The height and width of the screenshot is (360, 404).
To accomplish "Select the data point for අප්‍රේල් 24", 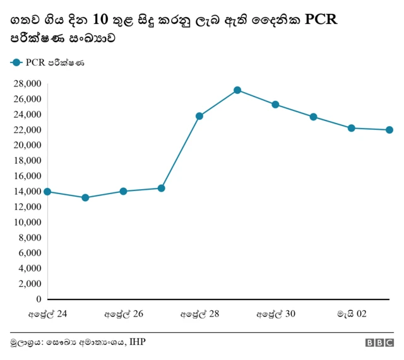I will (47, 192).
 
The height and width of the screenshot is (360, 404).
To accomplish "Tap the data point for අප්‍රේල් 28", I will (199, 116).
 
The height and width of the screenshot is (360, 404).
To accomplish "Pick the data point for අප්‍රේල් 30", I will (275, 105).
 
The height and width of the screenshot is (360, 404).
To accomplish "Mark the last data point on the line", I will (389, 130).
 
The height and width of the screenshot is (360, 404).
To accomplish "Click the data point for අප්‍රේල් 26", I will (123, 191).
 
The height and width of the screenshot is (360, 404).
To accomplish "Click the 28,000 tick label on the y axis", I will (27, 84).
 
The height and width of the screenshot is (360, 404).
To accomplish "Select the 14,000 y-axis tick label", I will (27, 192).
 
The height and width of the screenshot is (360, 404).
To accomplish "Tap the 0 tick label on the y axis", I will (39, 299).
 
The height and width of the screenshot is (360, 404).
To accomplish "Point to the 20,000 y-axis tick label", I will (27, 146).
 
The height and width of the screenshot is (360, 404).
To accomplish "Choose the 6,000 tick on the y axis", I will (30, 253).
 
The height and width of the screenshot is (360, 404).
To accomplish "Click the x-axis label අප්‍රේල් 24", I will (48, 313).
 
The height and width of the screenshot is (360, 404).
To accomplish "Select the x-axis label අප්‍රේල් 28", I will (199, 313).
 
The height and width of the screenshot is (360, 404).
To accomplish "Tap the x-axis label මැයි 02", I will (352, 313).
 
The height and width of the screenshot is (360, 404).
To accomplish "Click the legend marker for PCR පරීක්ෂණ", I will (16, 62).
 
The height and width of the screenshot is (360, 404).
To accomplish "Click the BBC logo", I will (379, 343).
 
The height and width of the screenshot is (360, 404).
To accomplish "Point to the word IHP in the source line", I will (136, 342).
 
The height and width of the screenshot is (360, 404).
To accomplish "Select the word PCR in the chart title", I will (321, 20).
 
